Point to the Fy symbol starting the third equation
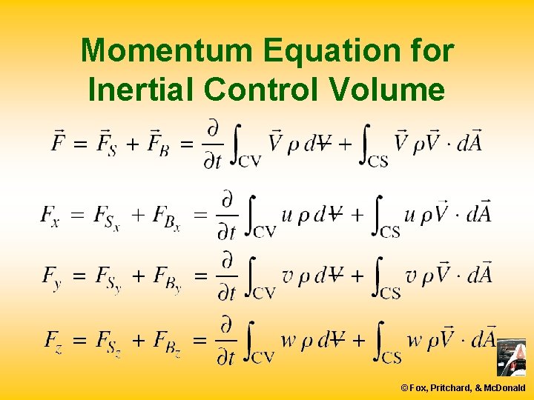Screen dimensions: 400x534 tap(51, 277)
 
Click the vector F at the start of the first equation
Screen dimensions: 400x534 tap(59, 141)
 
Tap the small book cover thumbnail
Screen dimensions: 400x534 tap(510, 357)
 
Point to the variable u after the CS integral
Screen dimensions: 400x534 tap(409, 216)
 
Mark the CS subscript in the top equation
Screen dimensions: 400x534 tap(378, 161)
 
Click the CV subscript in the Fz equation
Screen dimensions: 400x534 tap(264, 357)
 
